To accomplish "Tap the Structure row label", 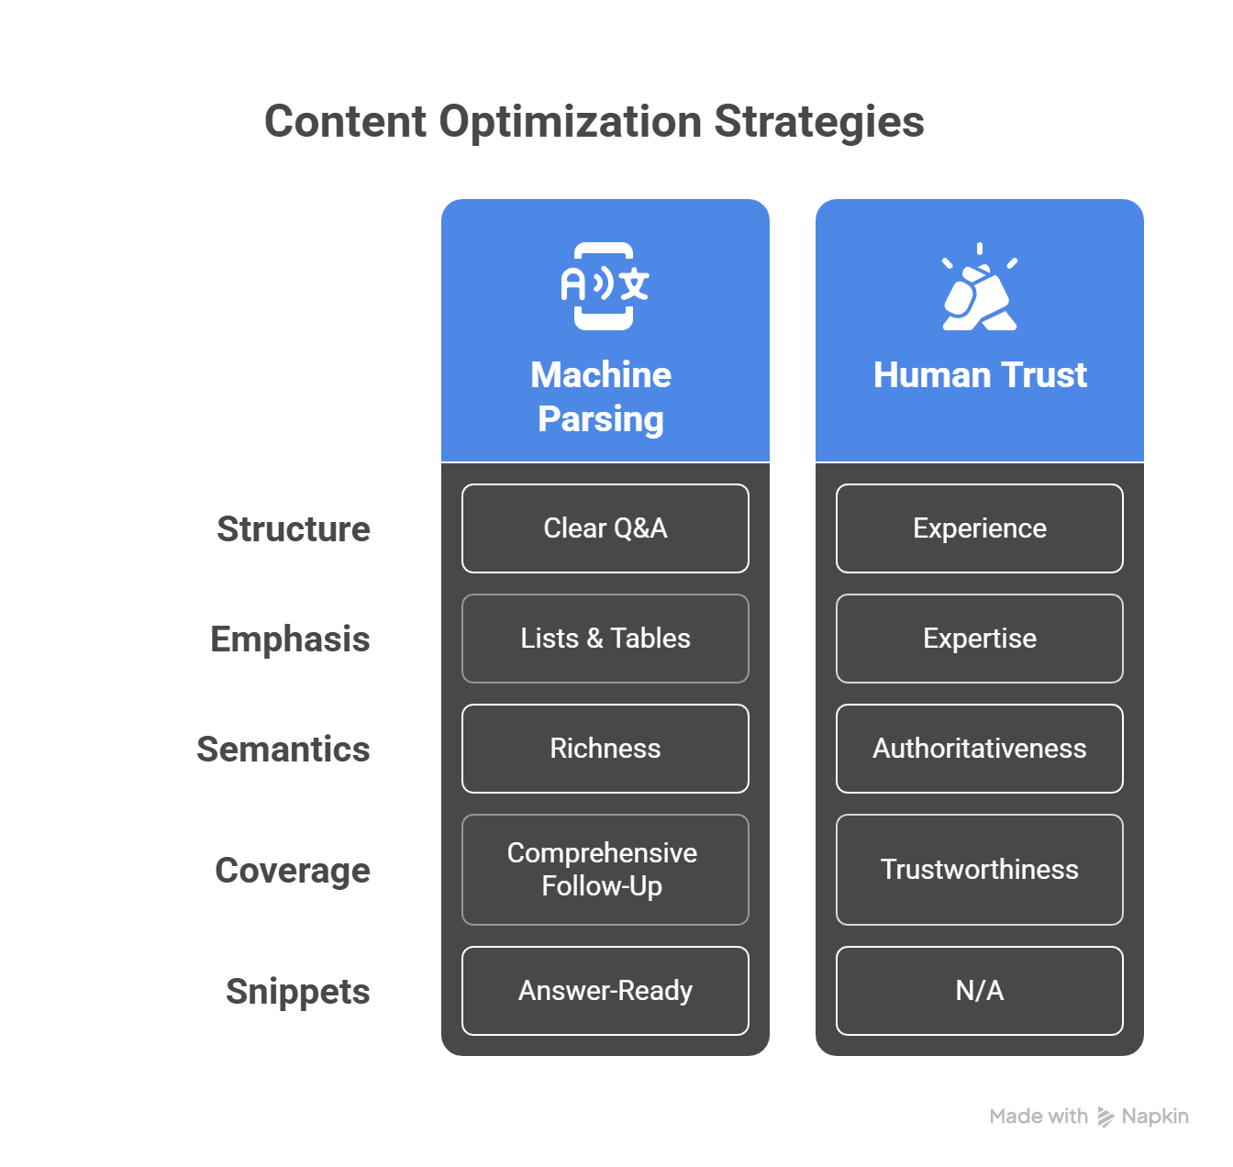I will (294, 529).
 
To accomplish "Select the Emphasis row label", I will (290, 639).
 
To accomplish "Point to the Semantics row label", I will (283, 750).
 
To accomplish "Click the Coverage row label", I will (293, 871).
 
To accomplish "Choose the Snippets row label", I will (297, 992).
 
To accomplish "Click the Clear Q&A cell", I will (605, 528).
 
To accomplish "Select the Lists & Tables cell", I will (605, 639).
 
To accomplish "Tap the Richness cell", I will (605, 749).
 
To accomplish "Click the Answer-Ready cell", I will (605, 991).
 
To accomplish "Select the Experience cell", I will (980, 528).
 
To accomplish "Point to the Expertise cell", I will (980, 639).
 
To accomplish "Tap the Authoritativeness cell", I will (980, 749).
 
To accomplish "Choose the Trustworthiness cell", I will (980, 870).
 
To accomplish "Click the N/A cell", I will (980, 991).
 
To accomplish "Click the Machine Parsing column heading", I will (601, 396).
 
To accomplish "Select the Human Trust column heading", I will (980, 375).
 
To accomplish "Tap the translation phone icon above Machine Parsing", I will (605, 285).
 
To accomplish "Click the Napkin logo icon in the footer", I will (1106, 1117).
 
